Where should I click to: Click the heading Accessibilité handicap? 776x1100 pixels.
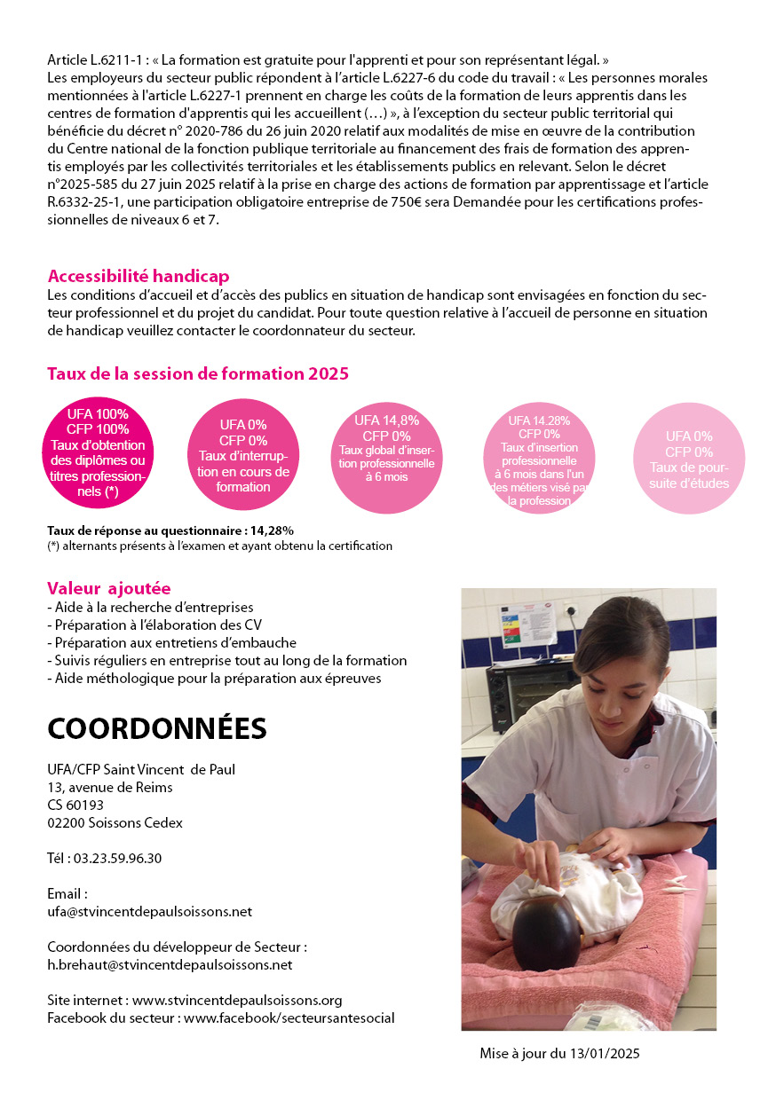click(139, 276)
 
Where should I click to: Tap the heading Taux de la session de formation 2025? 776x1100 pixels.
click(197, 373)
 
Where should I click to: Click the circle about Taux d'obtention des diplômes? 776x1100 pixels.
click(98, 453)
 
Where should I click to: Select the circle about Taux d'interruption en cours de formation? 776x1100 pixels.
click(242, 455)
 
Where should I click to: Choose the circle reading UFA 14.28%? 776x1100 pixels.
click(539, 457)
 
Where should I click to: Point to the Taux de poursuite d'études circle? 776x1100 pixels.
click(689, 459)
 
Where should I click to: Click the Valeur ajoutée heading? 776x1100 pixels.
click(108, 588)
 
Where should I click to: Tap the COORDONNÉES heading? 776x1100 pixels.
click(157, 727)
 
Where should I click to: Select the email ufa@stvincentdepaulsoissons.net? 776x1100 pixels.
click(149, 911)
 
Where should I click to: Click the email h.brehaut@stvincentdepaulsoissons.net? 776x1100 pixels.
click(170, 964)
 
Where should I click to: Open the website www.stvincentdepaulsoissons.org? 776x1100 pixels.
click(236, 1000)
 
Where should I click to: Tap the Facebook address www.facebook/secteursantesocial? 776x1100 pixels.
click(289, 1017)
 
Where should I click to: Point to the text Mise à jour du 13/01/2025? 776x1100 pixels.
click(559, 1054)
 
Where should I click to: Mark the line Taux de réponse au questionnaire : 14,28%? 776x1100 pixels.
click(170, 530)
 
